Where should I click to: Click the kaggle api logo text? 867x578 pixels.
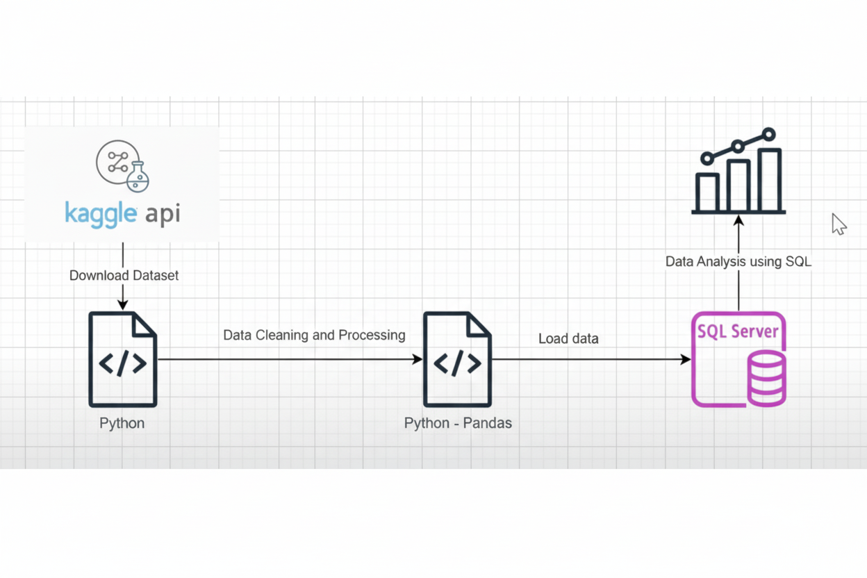tap(122, 213)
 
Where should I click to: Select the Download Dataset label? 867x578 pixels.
tap(124, 276)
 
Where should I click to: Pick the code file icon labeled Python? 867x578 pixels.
tap(123, 359)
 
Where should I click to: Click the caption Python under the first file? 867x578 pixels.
tap(122, 423)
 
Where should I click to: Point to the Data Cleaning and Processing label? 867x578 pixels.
tap(314, 336)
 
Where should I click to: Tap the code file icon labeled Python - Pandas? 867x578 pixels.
tap(457, 359)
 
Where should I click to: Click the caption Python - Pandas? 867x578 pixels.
tap(458, 423)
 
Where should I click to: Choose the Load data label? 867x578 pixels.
tap(568, 339)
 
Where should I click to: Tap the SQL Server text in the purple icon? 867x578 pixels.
tap(738, 331)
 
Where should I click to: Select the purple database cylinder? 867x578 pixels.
tap(766, 379)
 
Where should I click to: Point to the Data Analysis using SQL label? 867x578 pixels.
tap(738, 262)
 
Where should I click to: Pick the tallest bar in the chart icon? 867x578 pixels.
tap(769, 180)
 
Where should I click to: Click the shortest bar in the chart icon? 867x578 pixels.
tap(707, 192)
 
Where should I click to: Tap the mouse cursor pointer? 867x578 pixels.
tap(839, 224)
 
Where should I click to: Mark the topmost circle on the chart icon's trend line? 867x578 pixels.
tap(768, 133)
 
